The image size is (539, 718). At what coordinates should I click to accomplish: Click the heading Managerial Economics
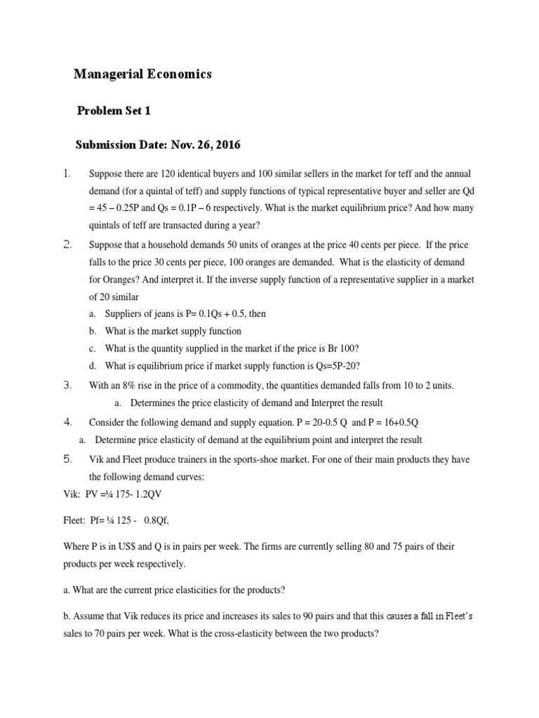142,74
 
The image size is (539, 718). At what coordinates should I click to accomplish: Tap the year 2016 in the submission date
227,146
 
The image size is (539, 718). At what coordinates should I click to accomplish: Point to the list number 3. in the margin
67,385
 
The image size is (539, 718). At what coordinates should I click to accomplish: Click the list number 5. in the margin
67,459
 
